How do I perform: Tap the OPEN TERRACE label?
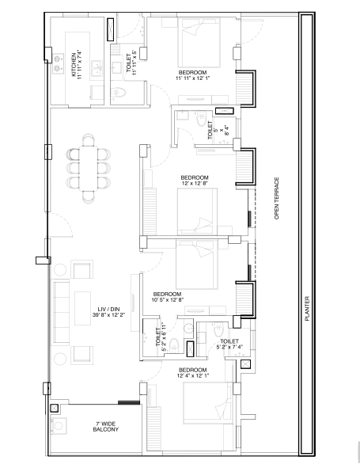[277, 199]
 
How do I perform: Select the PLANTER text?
[307, 308]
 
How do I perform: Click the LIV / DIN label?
[108, 309]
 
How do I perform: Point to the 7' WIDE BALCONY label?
[105, 427]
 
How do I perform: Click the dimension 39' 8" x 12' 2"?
[108, 314]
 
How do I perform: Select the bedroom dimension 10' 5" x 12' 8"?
[167, 300]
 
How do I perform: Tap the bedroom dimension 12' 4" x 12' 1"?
[193, 376]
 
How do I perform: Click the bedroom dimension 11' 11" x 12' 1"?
[193, 78]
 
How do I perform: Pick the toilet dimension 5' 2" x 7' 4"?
[229, 347]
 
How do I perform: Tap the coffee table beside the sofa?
[82, 308]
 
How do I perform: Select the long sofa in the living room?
[61, 312]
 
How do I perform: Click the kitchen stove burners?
[59, 63]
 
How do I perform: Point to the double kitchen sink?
[97, 69]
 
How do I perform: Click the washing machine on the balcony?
[59, 426]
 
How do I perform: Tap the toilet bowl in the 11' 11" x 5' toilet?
[118, 93]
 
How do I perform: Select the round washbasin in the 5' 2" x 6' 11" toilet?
[188, 328]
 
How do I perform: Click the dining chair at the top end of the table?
[89, 139]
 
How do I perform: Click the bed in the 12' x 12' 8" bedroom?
[197, 211]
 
